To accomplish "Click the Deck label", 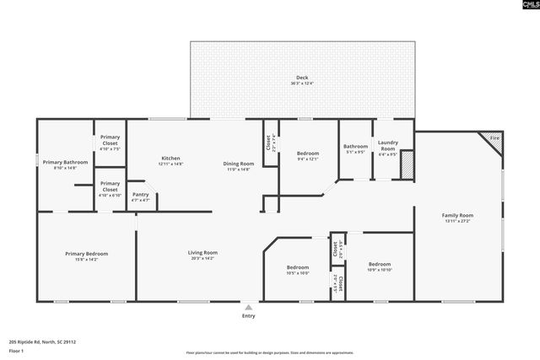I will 302,78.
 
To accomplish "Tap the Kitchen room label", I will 170,159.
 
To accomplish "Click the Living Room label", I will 202,252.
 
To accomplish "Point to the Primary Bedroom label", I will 86,253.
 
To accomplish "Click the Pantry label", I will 140,195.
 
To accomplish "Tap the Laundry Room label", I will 387,147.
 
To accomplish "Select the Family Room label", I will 457,216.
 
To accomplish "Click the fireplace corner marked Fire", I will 494,138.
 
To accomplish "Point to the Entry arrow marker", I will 248,307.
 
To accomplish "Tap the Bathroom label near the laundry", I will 355,147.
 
